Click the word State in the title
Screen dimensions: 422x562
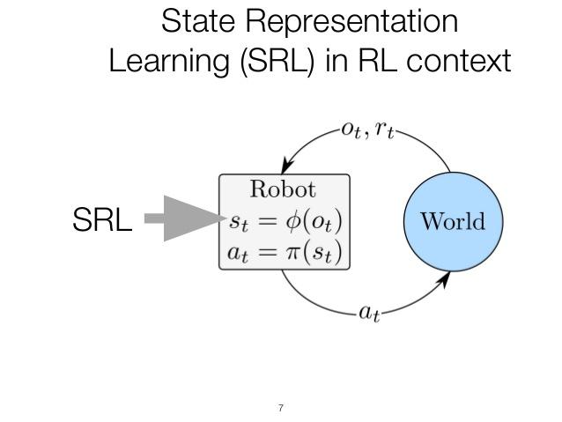pyautogui.click(x=199, y=21)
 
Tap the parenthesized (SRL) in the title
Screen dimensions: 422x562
pyautogui.click(x=277, y=61)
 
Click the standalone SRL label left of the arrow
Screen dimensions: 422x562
pyautogui.click(x=102, y=220)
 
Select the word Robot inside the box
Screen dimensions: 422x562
pyautogui.click(x=283, y=189)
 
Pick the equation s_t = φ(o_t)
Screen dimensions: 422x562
pyautogui.click(x=284, y=220)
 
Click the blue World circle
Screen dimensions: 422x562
pyautogui.click(x=451, y=220)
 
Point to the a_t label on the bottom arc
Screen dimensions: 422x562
pyautogui.click(x=368, y=313)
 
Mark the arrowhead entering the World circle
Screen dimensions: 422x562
pyautogui.click(x=445, y=279)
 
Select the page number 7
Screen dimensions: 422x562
pyautogui.click(x=280, y=408)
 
